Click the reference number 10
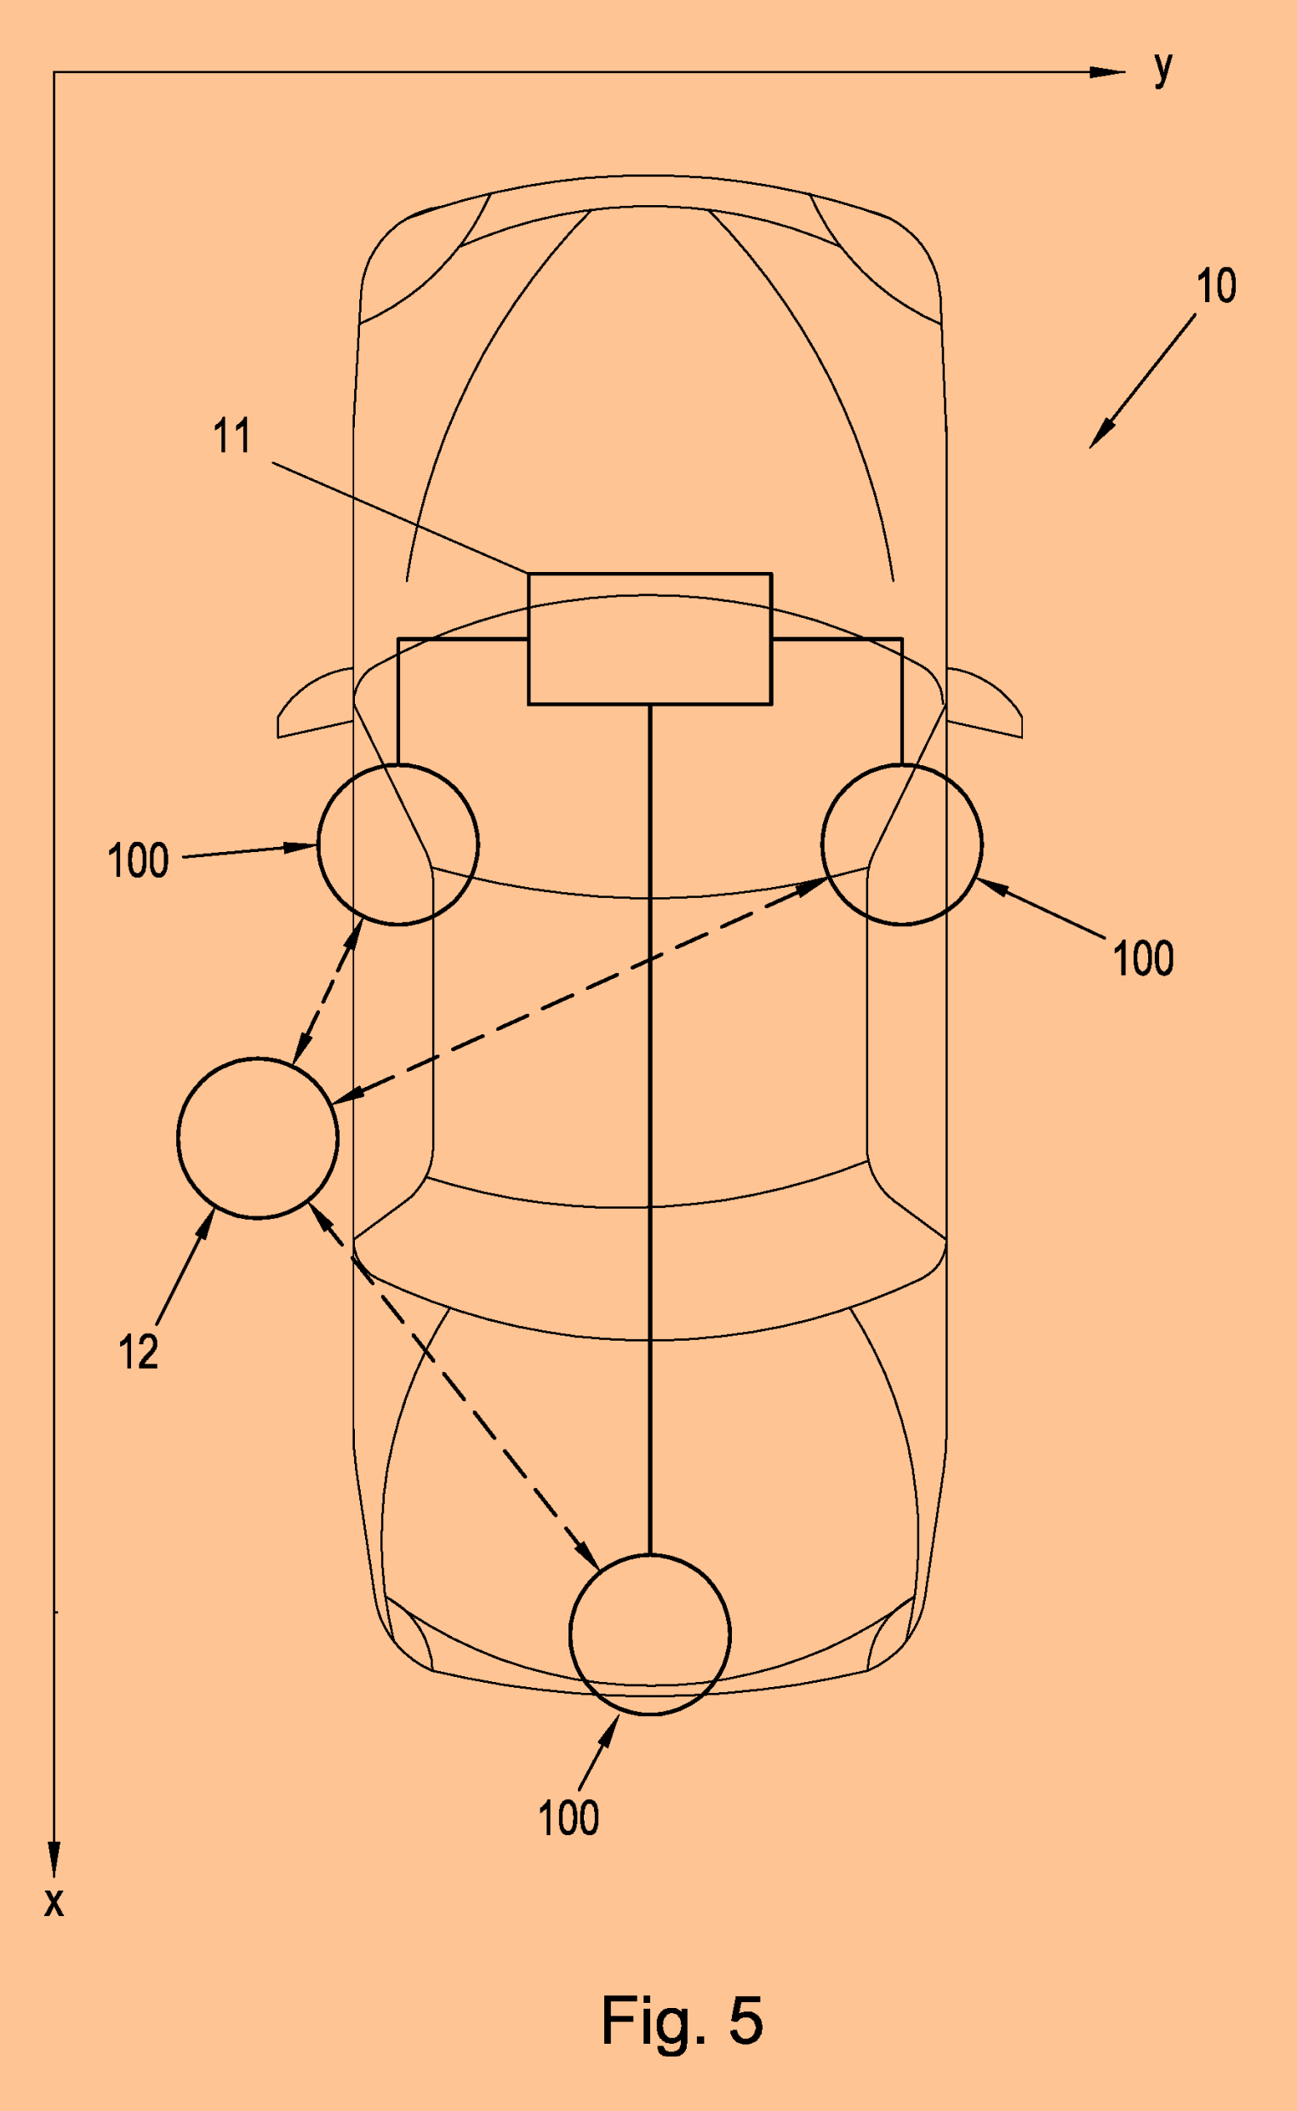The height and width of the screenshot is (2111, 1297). [1215, 286]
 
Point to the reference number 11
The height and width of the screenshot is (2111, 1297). [231, 436]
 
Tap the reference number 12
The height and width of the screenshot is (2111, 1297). [138, 1353]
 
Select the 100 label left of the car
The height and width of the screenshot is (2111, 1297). [137, 861]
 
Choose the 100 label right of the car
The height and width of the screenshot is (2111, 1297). [1143, 958]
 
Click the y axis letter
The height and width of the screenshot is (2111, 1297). [1163, 67]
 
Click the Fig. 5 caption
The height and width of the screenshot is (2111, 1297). [682, 2020]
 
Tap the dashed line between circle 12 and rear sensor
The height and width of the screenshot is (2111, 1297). [454, 1386]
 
